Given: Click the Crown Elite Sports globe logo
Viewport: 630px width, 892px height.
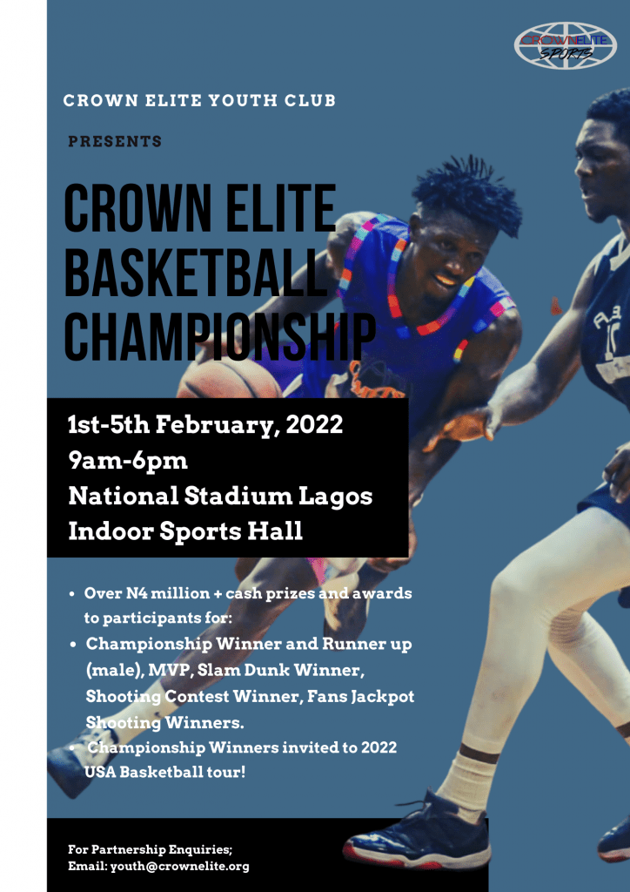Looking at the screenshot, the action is point(566,45).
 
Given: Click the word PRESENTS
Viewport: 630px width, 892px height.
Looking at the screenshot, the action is point(116,142).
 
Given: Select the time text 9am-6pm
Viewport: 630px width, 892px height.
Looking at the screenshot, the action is point(128,462).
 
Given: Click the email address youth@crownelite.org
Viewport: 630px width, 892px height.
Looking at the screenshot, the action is point(180,867).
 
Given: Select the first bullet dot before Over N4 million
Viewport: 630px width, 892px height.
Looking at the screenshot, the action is point(72,594).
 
